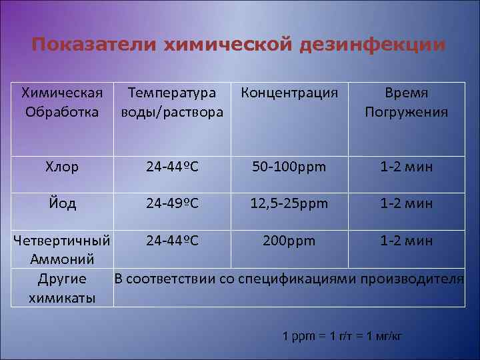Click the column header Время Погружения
click(x=407, y=102)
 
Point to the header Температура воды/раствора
click(x=171, y=102)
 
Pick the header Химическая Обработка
click(x=61, y=102)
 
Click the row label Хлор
click(x=61, y=167)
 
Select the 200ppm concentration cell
click(x=289, y=240)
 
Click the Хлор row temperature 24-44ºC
click(x=172, y=167)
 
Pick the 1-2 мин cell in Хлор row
click(x=406, y=167)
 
